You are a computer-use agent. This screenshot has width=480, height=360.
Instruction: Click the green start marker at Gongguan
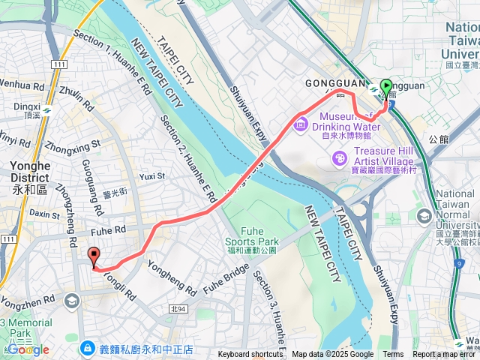[x=386, y=88]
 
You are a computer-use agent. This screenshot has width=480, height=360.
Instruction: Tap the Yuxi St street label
[x=151, y=176]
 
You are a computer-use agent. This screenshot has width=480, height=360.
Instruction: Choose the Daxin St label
[x=44, y=214]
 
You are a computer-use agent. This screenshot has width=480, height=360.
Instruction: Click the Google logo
[x=28, y=349]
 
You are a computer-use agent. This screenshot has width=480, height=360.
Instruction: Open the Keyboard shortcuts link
[x=250, y=355]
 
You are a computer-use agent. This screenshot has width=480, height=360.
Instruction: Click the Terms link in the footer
[x=393, y=355]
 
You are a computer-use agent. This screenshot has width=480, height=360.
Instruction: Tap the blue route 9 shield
[x=466, y=263]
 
